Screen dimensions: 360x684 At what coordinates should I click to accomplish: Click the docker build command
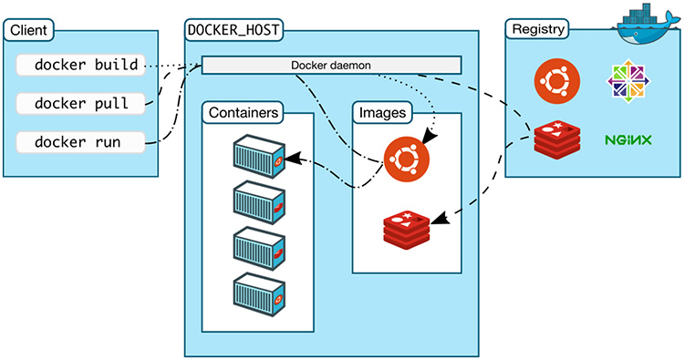pos(85,66)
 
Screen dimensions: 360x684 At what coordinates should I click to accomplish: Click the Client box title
pos(28,29)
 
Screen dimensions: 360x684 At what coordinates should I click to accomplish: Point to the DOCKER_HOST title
pos(233,29)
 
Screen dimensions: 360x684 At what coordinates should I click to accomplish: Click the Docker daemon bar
pos(330,66)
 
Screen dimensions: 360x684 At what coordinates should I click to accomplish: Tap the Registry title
pos(536,29)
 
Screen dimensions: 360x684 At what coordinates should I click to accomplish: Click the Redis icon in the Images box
pos(406,227)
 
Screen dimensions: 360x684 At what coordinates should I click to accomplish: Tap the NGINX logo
pos(627,141)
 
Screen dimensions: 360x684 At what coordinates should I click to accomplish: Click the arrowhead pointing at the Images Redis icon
pos(437,220)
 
